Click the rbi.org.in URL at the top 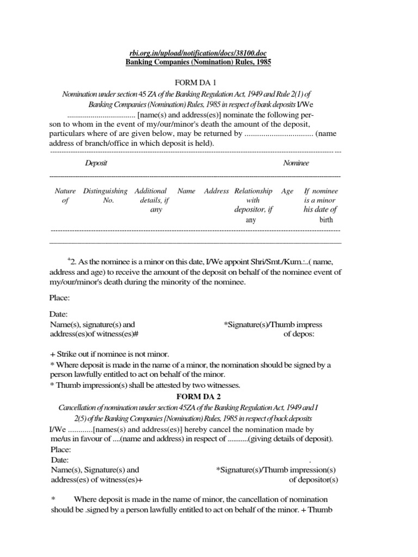198,52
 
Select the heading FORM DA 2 198,396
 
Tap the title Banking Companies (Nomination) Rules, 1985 198,62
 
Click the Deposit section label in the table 96,163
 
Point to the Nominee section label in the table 296,163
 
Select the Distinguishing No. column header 105,195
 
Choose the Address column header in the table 216,191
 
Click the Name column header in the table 186,191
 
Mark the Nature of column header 65,195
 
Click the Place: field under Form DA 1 60,298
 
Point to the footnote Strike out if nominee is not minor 109,354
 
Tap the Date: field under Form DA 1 59,314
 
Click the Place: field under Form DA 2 60,449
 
